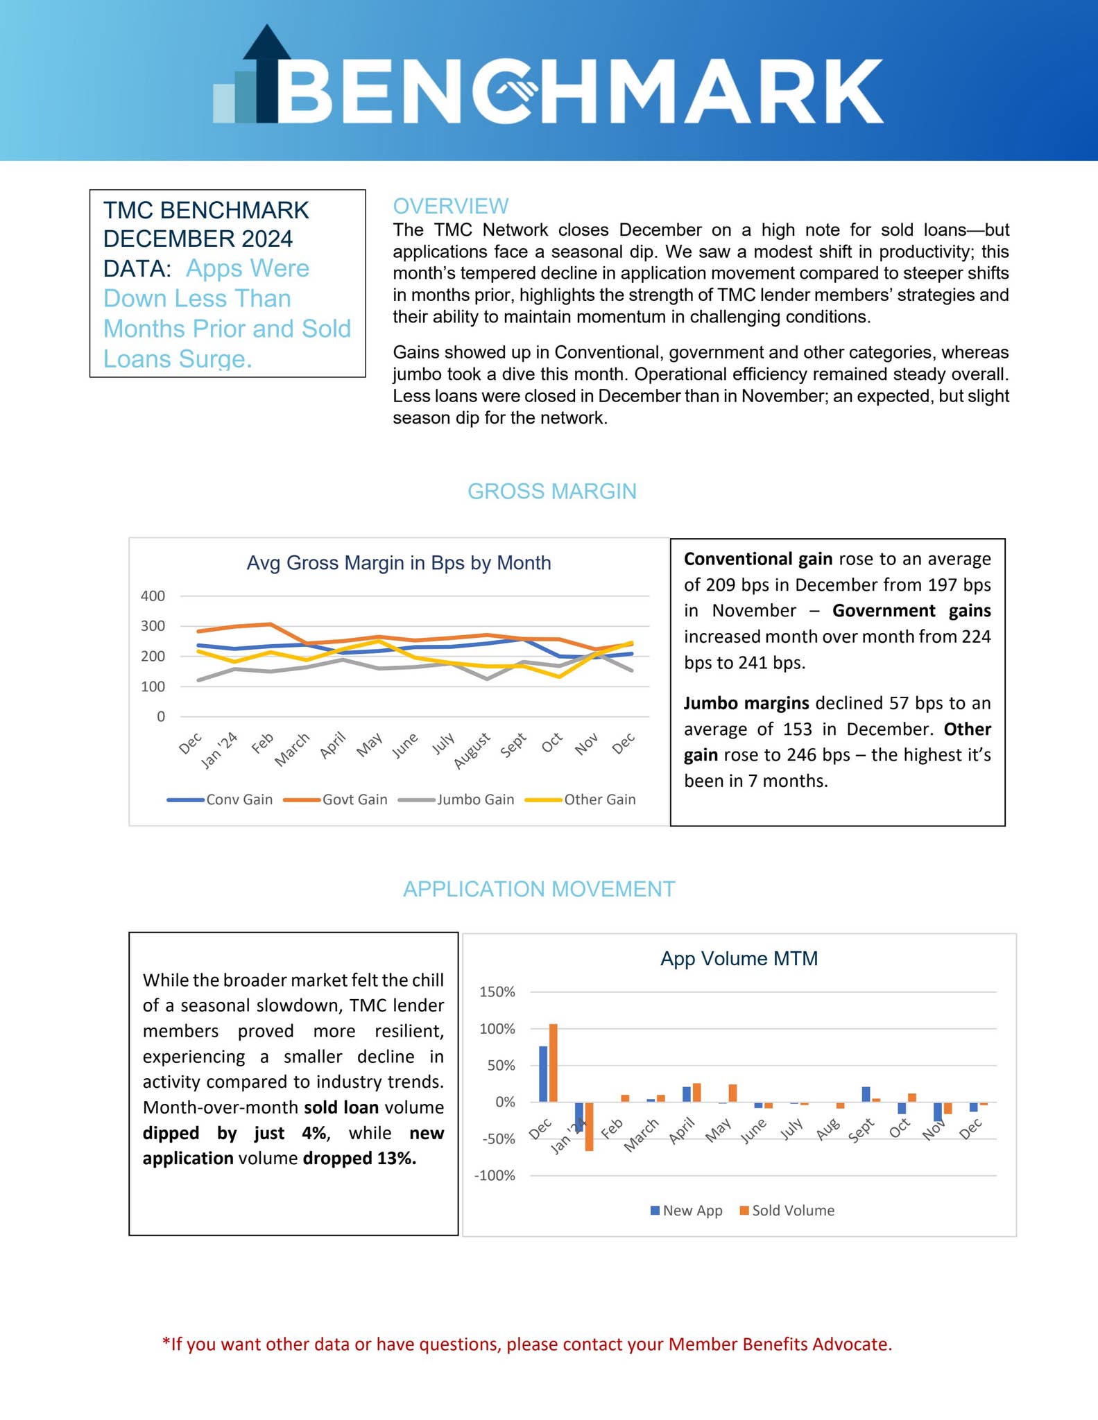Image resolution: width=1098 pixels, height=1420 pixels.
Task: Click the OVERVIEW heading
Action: tap(450, 206)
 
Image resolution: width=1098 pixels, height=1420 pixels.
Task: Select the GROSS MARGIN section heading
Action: tap(551, 491)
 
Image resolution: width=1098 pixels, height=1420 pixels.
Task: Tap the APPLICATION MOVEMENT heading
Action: tap(539, 889)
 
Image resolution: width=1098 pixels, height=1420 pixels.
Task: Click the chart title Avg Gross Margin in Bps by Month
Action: tap(399, 562)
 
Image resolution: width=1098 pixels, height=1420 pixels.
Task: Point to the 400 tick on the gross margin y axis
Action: tap(153, 596)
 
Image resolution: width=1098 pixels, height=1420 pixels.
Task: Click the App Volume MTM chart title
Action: tap(739, 958)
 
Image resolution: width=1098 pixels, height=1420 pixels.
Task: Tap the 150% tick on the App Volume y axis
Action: tap(497, 992)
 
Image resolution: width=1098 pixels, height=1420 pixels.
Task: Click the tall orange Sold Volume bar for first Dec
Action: tap(553, 1062)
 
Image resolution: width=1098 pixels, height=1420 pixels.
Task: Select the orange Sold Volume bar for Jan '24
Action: tap(589, 1126)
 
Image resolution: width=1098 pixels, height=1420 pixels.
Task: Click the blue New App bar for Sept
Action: tap(866, 1094)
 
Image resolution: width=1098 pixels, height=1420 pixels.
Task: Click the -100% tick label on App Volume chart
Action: tap(495, 1175)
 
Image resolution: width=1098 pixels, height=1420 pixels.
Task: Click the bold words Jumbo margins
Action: tap(746, 703)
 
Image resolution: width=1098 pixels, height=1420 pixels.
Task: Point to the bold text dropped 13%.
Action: tap(359, 1159)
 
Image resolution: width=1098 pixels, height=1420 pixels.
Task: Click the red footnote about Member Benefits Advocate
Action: tap(527, 1344)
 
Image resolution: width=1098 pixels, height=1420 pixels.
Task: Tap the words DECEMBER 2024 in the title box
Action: tap(198, 239)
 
